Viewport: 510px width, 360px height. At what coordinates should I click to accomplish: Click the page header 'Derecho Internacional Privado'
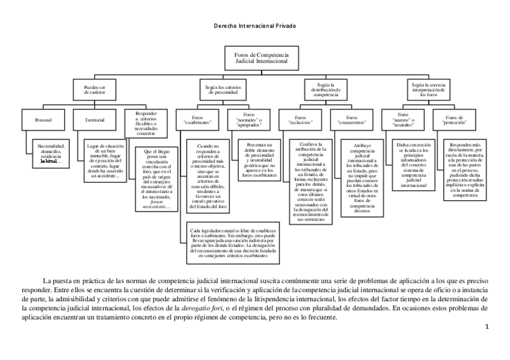click(x=255, y=26)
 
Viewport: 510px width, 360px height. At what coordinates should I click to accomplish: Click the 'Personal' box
click(x=43, y=120)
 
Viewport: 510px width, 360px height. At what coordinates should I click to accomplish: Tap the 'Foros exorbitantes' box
click(x=197, y=118)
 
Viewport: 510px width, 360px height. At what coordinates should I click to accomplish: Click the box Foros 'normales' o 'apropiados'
click(x=248, y=118)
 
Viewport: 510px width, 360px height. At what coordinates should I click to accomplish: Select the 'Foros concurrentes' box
click(x=352, y=118)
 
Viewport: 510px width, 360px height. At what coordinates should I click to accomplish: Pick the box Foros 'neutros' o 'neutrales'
click(x=404, y=118)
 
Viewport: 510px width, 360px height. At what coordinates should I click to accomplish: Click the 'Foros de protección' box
click(x=454, y=118)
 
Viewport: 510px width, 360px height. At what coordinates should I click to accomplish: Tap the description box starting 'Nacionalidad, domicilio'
click(x=51, y=153)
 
